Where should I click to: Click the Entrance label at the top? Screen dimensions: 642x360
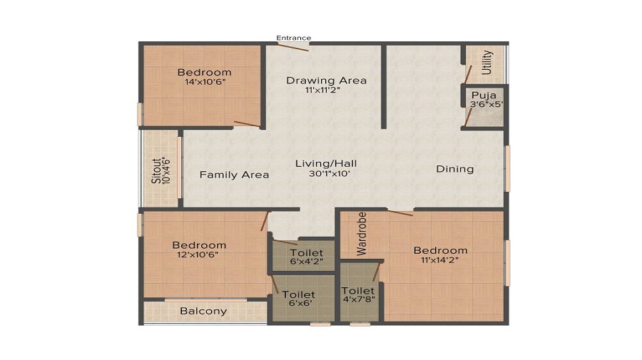click(294, 38)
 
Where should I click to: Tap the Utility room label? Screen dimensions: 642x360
click(486, 63)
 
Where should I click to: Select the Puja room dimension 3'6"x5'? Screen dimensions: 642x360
click(486, 104)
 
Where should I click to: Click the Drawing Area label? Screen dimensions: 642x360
click(326, 80)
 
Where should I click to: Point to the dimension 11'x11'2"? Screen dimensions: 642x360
click(323, 90)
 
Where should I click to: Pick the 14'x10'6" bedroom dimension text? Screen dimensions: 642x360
click(205, 82)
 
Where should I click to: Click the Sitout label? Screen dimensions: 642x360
click(156, 170)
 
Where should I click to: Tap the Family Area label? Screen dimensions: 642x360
click(234, 175)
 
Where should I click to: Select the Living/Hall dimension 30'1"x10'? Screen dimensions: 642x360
click(329, 173)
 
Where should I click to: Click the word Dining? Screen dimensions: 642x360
click(455, 169)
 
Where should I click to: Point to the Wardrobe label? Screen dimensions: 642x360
click(362, 234)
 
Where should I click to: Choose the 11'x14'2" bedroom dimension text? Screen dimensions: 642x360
click(439, 259)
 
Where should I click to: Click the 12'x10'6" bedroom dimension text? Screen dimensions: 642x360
click(198, 255)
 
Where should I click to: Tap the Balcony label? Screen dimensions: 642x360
click(203, 311)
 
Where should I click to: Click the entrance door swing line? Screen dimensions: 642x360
click(291, 46)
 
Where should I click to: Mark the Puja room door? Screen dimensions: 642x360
click(468, 118)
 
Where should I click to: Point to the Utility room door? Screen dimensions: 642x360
click(467, 75)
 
